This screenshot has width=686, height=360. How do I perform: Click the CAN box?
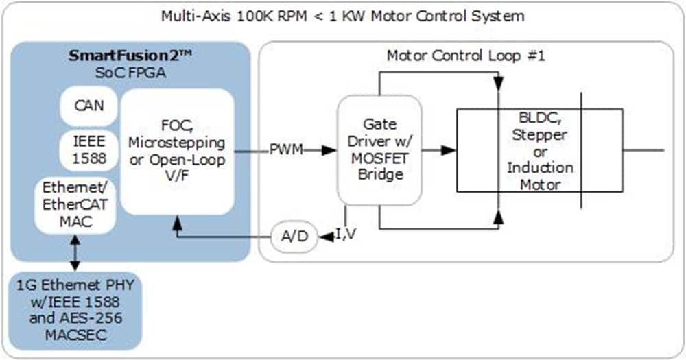88,106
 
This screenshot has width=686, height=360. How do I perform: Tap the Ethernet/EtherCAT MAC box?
75,204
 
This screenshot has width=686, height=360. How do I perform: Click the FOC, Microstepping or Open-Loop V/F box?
178,149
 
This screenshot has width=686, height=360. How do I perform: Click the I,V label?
347,236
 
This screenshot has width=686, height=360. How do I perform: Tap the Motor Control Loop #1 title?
466,56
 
